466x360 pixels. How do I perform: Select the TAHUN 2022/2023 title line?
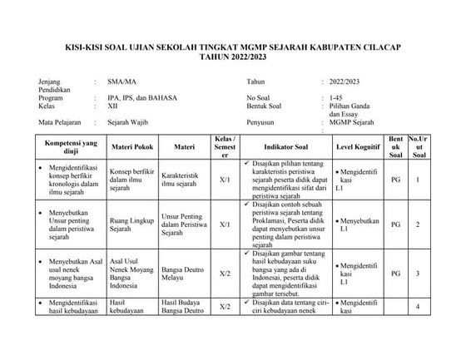[x=232, y=59]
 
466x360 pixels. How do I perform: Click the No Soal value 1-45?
[x=335, y=96]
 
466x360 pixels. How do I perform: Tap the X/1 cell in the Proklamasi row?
[x=225, y=224]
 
